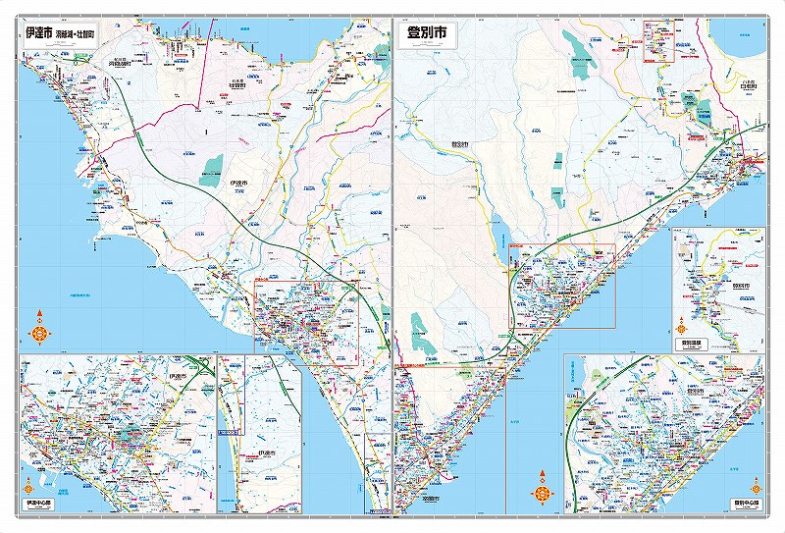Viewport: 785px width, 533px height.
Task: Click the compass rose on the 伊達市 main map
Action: point(39,331)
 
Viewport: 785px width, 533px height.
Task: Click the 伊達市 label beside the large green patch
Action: point(235,183)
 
